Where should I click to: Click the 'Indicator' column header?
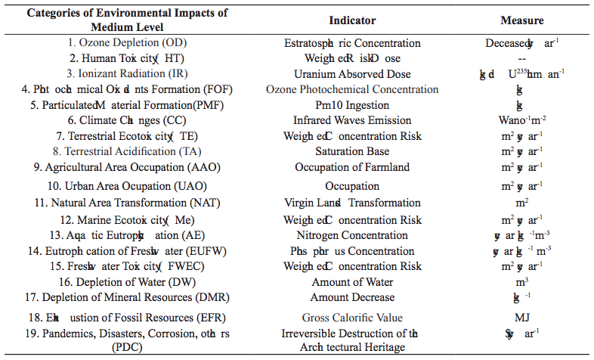point(352,20)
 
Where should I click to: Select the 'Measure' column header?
point(521,20)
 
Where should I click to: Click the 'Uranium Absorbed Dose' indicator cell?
point(352,74)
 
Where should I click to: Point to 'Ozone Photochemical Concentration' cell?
point(352,89)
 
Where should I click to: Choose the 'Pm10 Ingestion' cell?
point(352,105)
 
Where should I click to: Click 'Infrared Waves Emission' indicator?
point(352,120)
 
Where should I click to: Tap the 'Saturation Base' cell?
point(352,151)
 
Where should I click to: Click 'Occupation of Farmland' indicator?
point(352,167)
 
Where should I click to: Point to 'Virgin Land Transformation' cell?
point(352,203)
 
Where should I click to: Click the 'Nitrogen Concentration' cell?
point(352,235)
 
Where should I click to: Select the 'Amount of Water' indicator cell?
point(352,281)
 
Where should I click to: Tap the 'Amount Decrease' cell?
point(352,297)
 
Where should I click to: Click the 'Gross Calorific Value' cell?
point(352,318)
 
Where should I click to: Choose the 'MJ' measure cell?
point(521,318)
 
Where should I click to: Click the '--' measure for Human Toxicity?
point(521,58)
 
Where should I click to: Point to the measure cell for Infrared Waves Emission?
point(521,121)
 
